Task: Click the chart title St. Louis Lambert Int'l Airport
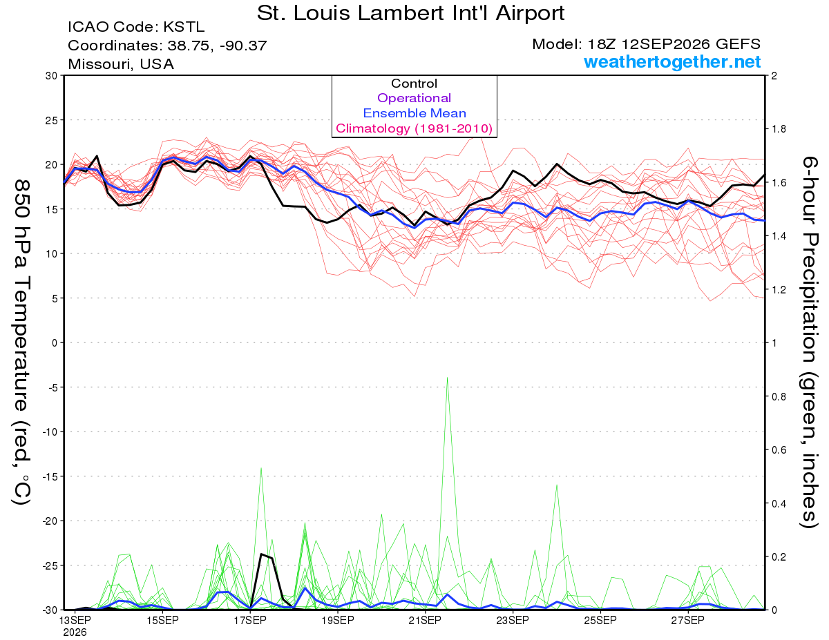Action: point(410,13)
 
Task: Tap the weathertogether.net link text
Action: point(672,61)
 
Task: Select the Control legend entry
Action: point(414,84)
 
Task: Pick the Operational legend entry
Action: point(414,98)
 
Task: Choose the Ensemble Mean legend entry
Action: point(414,113)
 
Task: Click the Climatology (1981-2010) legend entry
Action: point(414,128)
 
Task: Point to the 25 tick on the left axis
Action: point(51,120)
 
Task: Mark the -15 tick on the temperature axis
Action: point(49,476)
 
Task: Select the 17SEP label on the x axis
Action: point(250,621)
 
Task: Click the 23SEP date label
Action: point(513,621)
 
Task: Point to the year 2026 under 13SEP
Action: point(75,633)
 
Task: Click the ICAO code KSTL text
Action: point(136,27)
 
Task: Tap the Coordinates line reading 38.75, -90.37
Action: point(167,46)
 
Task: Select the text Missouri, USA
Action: point(121,64)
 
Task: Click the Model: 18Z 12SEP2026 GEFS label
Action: point(646,44)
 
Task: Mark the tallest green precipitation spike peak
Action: point(447,378)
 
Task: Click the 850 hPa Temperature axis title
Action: point(21,342)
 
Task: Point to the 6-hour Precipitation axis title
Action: point(808,342)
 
